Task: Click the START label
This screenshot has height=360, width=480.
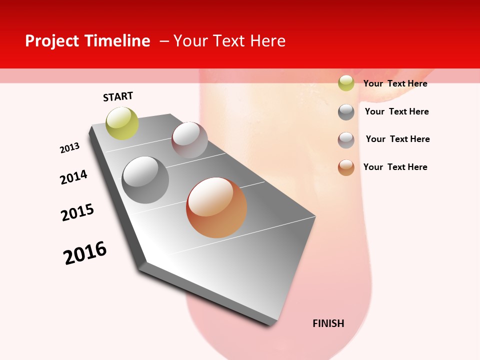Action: tap(118, 96)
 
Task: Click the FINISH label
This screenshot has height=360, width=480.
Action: tap(328, 323)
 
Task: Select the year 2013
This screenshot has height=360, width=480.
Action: tap(69, 148)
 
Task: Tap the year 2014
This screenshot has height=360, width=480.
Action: tap(73, 177)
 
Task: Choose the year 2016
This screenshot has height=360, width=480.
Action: tap(85, 253)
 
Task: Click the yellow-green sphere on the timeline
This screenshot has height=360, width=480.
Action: tap(122, 123)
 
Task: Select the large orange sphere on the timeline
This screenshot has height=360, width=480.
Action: tap(216, 207)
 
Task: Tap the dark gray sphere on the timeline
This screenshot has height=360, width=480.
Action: tap(145, 180)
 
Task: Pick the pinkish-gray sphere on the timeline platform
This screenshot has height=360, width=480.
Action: tap(189, 140)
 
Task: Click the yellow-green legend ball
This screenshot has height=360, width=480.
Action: tap(346, 83)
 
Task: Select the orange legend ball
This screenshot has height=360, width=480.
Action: tap(346, 167)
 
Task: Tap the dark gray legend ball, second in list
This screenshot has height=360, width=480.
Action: tap(346, 112)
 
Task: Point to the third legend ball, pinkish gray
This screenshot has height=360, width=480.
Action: tap(346, 140)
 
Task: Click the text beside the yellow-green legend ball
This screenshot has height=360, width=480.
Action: tap(395, 83)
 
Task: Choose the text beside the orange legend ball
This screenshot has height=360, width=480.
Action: tap(395, 167)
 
